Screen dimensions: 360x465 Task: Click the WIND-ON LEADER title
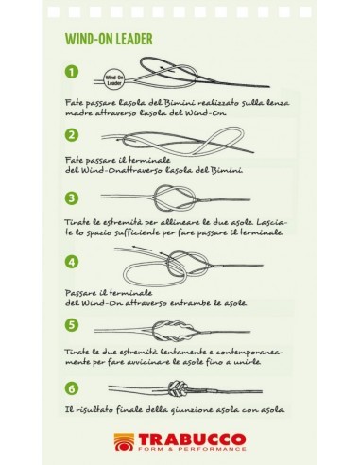point(109,39)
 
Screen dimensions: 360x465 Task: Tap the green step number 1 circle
point(72,72)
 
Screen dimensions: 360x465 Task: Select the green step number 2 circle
point(72,135)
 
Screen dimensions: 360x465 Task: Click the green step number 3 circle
point(72,198)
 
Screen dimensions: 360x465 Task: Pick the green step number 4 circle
point(72,262)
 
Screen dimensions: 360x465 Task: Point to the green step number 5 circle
point(72,324)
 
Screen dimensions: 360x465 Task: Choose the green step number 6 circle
point(72,388)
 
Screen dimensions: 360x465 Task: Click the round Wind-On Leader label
point(114,80)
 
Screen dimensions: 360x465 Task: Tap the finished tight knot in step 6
point(178,389)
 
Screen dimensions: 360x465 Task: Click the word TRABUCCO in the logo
point(192,439)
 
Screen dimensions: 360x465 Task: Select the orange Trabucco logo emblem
point(124,441)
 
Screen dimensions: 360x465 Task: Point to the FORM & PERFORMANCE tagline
point(192,449)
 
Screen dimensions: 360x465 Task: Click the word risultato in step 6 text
point(94,410)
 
